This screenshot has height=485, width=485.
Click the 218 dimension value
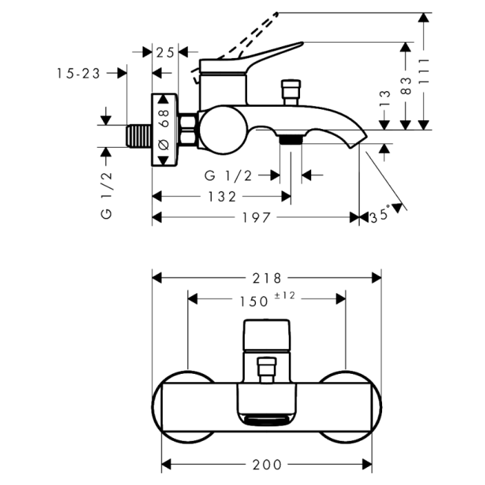(266, 278)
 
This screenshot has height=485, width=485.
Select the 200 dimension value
(266, 464)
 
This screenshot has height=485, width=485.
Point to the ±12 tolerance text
(286, 296)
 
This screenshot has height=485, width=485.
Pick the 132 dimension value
(222, 197)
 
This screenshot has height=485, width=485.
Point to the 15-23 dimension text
(78, 73)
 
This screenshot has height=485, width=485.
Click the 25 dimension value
(166, 51)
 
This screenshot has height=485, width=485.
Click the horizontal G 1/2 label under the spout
(228, 175)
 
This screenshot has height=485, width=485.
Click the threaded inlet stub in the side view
(139, 137)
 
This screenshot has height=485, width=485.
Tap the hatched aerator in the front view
(266, 422)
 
